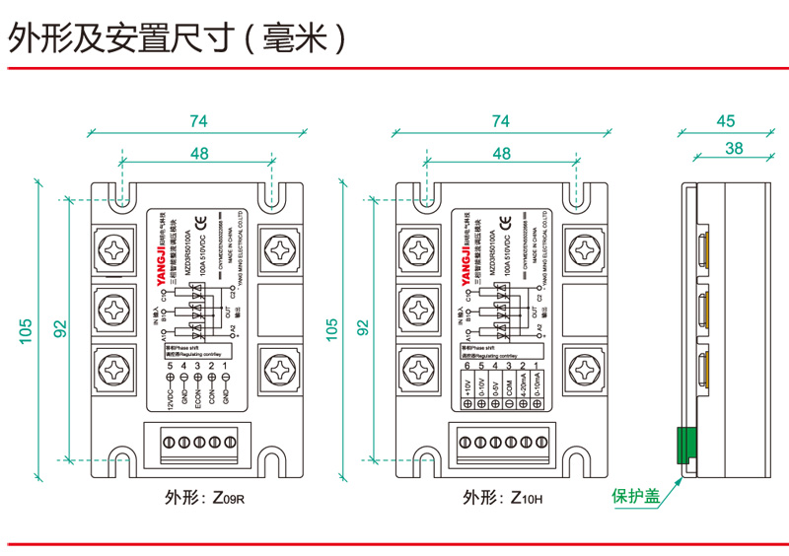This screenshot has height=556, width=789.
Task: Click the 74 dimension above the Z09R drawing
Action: pyautogui.click(x=197, y=120)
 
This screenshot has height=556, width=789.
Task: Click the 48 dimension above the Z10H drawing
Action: pyautogui.click(x=501, y=153)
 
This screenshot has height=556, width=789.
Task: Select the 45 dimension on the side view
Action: pyautogui.click(x=726, y=120)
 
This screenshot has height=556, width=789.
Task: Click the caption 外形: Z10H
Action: pyautogui.click(x=501, y=498)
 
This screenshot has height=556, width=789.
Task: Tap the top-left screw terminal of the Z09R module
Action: pyautogui.click(x=117, y=244)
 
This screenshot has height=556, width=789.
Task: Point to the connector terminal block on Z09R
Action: pyautogui.click(x=196, y=442)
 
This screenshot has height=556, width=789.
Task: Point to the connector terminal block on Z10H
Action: pyautogui.click(x=501, y=442)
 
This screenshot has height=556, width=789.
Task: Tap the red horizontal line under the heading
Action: pyautogui.click(x=394, y=67)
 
